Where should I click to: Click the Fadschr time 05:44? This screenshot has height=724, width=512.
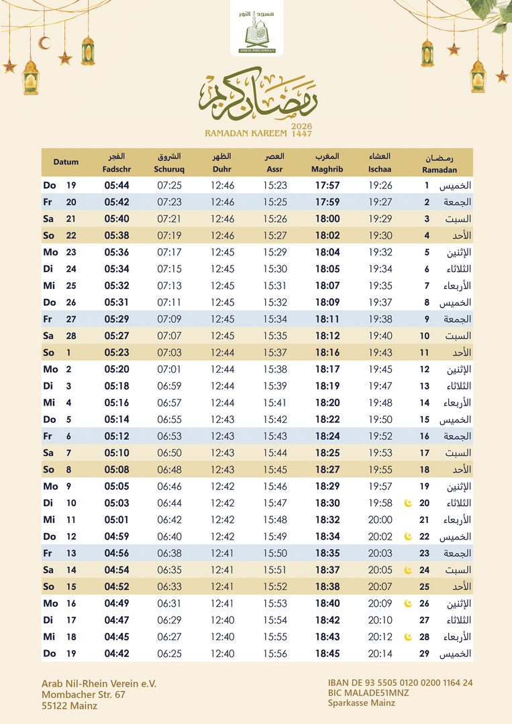117,186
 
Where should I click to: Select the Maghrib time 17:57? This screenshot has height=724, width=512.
327,186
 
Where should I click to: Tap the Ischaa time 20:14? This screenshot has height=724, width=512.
380,654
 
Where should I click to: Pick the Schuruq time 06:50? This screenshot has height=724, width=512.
169,453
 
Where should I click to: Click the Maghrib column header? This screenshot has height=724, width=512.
327,163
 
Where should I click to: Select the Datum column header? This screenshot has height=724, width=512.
66,162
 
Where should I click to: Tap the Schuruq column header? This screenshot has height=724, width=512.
169,163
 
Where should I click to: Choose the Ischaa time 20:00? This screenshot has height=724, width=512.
380,520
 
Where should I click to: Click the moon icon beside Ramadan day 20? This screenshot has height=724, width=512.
407,503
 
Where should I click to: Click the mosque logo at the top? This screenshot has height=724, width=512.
261,31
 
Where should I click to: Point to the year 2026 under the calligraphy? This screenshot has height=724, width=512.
302,126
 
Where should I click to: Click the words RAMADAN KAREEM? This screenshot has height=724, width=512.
246,133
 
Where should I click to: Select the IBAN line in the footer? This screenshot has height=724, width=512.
400,683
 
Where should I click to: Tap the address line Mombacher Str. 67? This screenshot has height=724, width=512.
83,695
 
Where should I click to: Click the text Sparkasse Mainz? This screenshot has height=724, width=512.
361,703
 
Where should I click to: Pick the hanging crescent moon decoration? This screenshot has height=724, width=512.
44,43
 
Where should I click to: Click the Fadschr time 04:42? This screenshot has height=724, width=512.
117,654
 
